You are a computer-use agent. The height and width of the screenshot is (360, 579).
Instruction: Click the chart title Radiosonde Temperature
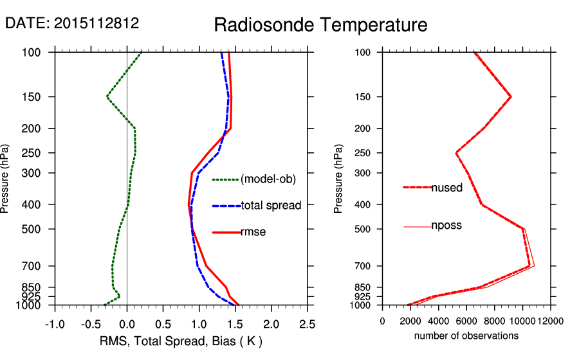point(320,25)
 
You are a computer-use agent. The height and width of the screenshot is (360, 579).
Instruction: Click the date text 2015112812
point(96,23)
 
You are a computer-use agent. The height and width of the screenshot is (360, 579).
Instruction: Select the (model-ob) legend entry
point(268,179)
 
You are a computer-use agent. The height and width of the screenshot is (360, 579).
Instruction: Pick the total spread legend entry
point(270,206)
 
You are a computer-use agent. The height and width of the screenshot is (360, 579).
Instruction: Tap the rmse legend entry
point(253,231)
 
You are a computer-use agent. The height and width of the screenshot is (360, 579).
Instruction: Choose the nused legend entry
point(446,188)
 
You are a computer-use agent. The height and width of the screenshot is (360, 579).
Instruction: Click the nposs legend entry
point(446,226)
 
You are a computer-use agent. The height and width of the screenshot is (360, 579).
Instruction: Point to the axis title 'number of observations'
point(466,336)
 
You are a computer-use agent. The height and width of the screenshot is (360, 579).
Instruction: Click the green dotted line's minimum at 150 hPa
point(107,96)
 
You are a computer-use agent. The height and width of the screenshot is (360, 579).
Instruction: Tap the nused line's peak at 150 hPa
point(510,96)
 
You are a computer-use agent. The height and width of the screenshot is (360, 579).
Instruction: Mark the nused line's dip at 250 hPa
point(456,153)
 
